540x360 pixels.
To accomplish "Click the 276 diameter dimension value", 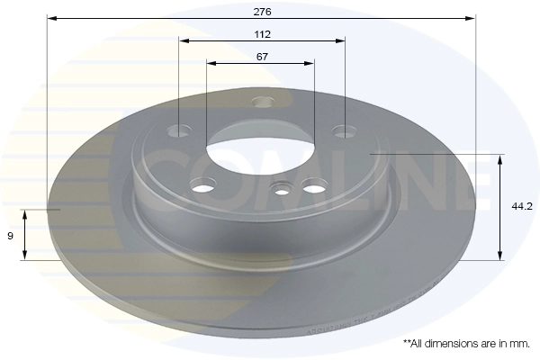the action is click(263, 12).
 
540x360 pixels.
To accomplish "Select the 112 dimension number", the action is click(263, 34).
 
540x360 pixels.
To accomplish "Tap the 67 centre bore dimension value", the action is click(262, 57).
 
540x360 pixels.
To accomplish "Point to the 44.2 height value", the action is click(522, 206).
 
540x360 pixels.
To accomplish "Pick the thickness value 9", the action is click(10, 236).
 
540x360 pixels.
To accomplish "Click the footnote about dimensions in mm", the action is click(466, 344).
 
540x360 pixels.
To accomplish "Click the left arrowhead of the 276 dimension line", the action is click(51, 18).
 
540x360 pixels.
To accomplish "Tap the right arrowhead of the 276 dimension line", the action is click(470, 18).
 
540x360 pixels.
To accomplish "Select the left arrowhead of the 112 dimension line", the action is click(184, 41).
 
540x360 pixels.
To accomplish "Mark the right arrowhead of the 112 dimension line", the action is click(340, 41).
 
